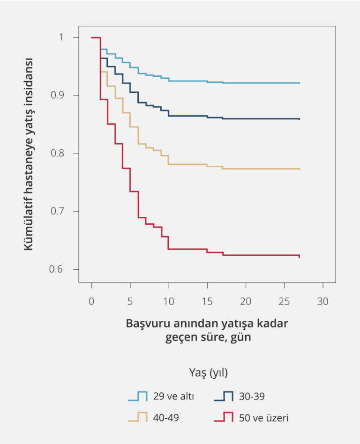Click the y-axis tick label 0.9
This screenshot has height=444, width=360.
click(x=60, y=96)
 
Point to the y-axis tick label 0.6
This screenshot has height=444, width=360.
click(x=60, y=270)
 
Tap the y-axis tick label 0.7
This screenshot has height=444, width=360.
click(x=60, y=212)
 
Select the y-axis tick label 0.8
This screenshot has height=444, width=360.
click(x=60, y=154)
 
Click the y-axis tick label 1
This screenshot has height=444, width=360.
click(x=63, y=37)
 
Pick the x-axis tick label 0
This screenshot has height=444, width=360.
click(x=92, y=301)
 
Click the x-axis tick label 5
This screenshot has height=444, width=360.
click(x=130, y=301)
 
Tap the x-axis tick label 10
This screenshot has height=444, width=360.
click(x=169, y=301)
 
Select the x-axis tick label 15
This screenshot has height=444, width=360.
click(x=207, y=301)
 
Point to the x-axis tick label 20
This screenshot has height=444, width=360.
click(x=246, y=301)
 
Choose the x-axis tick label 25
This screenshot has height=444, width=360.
click(x=284, y=301)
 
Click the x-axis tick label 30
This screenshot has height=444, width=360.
click(x=322, y=301)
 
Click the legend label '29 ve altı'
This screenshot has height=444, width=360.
click(x=173, y=397)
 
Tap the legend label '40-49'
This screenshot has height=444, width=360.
click(x=166, y=418)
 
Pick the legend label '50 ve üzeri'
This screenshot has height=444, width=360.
click(x=264, y=418)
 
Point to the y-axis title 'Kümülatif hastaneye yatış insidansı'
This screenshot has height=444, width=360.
click(x=29, y=154)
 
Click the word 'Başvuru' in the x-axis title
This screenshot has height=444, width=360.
click(x=146, y=324)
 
